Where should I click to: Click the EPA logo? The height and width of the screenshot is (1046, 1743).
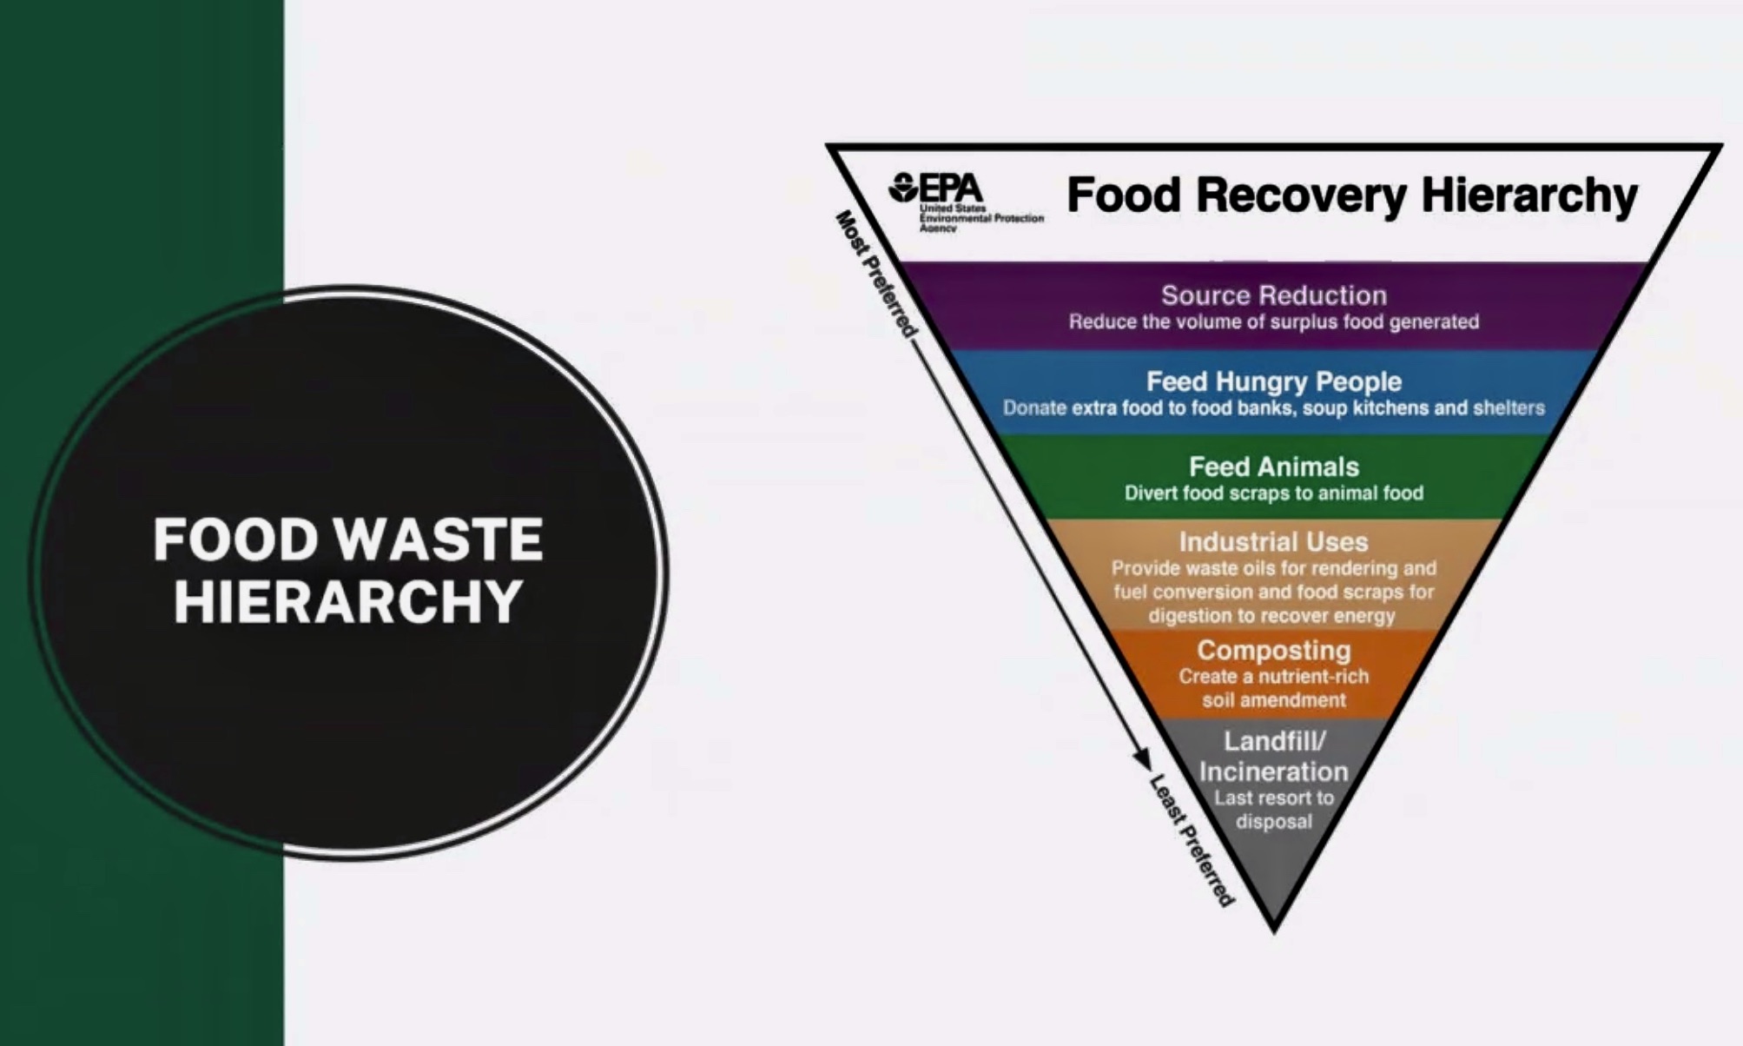965,202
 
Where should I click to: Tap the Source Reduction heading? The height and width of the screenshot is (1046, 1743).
1274,295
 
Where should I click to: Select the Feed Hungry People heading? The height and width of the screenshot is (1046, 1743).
1274,381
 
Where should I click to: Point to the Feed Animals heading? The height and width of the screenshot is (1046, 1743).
1274,467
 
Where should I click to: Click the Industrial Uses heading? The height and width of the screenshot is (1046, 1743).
1274,542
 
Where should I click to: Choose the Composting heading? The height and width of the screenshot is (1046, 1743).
1274,650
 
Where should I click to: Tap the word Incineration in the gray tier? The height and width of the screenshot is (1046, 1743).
1274,771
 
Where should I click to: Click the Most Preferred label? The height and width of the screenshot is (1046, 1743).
876,274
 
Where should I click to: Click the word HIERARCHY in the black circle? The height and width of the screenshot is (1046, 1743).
348,601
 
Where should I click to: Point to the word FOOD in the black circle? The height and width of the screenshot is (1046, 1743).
236,540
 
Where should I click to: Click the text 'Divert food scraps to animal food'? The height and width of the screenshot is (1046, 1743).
1274,493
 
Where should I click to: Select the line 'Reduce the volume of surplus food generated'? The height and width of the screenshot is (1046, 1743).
1274,322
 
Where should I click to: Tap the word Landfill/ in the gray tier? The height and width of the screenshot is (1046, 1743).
1274,741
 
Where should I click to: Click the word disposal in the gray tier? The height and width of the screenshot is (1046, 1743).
1274,822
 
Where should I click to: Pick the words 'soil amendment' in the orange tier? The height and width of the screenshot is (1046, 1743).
1274,700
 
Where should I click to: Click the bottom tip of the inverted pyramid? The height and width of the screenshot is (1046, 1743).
1274,933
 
